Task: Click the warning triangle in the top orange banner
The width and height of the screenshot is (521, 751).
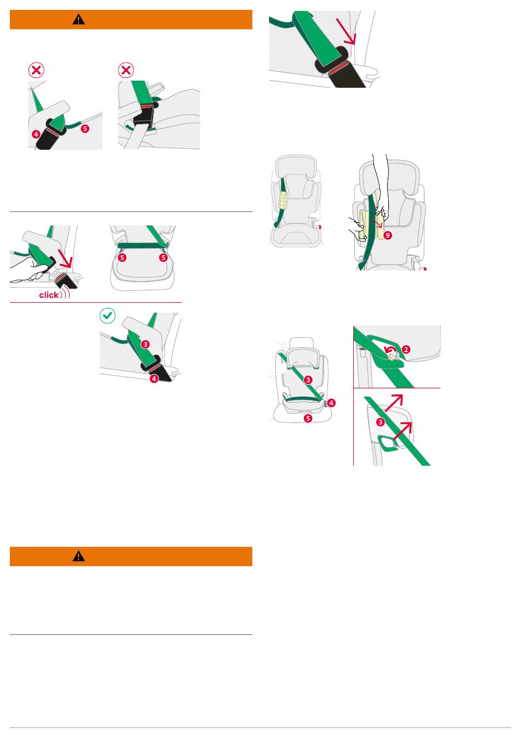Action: pos(79,20)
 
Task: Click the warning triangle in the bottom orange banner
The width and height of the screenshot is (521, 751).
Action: pos(79,556)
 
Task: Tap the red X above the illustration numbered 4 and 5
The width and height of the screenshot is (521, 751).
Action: pos(36,70)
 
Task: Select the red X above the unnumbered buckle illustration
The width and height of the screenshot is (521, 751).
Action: pos(126,70)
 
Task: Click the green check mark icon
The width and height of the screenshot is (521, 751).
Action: pos(107,316)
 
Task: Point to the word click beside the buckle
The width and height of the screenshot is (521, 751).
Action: pos(49,295)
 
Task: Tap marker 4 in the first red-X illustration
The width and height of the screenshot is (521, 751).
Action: pos(36,134)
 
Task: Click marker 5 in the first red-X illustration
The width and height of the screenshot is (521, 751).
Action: pos(84,129)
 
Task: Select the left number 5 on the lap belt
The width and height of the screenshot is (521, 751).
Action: pos(122,257)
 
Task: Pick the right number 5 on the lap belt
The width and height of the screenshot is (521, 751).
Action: pos(163,257)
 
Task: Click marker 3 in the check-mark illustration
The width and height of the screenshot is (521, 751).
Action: pos(145,345)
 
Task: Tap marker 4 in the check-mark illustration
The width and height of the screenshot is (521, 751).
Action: pos(154,379)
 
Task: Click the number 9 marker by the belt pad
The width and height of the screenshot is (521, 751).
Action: pos(388,235)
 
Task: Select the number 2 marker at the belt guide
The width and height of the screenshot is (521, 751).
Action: pos(406,349)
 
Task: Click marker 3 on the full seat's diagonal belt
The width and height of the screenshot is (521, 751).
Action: pos(308,380)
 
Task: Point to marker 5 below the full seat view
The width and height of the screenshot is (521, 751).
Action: pos(308,418)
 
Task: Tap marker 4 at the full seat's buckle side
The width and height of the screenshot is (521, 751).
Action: pos(331,403)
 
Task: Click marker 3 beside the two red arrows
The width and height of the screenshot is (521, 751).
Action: pos(380,422)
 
